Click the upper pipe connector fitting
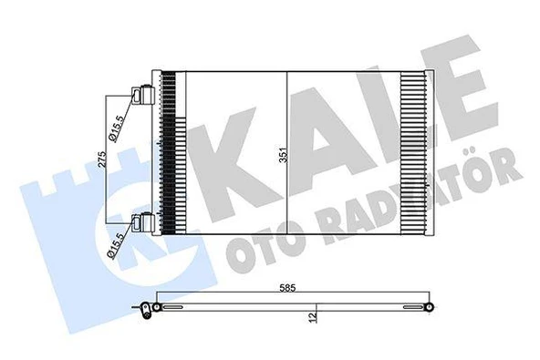tap(141, 94)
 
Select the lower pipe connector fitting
tap(141, 221)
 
